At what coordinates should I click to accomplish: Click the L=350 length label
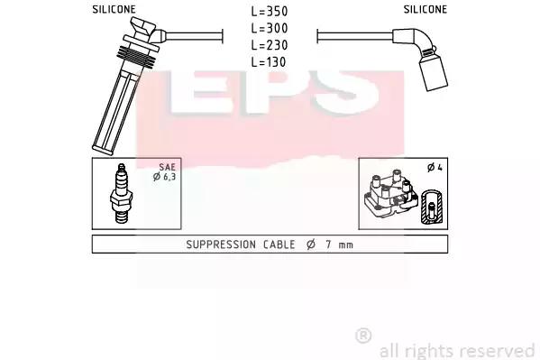[270, 11]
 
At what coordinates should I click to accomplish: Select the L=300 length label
[270, 28]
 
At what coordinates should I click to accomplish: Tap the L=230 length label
[270, 45]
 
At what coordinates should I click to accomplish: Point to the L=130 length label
[269, 61]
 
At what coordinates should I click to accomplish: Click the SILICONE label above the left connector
[114, 9]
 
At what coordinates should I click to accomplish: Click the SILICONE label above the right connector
[426, 9]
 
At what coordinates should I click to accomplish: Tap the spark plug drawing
[121, 193]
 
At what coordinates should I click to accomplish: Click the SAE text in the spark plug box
[168, 167]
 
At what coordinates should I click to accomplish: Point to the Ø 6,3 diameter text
[165, 177]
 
